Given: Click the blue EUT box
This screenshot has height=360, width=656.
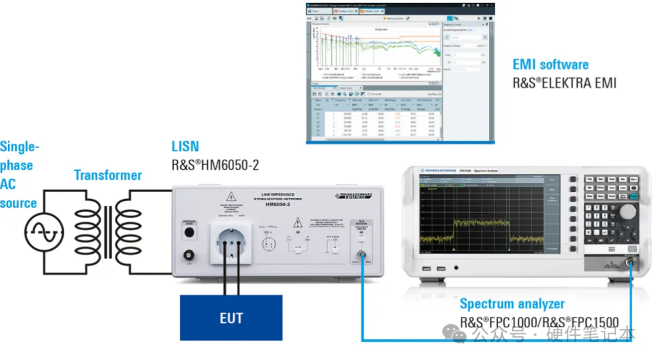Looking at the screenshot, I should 231,317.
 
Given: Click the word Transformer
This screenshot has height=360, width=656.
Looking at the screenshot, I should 108,175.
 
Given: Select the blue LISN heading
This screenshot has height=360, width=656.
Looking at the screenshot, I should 186,146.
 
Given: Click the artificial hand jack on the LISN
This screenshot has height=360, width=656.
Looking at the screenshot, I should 189,233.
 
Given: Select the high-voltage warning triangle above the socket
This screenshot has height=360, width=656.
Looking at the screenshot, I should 231,197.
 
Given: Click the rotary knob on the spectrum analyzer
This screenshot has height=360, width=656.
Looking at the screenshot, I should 627,211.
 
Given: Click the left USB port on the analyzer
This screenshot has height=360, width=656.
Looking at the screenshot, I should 426,268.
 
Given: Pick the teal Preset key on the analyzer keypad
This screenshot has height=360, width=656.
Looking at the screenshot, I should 634,196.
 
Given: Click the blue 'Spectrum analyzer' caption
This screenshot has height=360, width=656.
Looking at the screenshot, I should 512,304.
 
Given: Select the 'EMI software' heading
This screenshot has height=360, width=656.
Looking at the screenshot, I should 550,64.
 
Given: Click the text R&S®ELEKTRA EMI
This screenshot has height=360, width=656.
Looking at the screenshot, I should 564,82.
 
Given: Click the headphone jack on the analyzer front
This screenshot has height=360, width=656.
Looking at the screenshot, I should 456,268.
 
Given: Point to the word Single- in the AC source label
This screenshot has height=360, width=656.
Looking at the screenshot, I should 19,146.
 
